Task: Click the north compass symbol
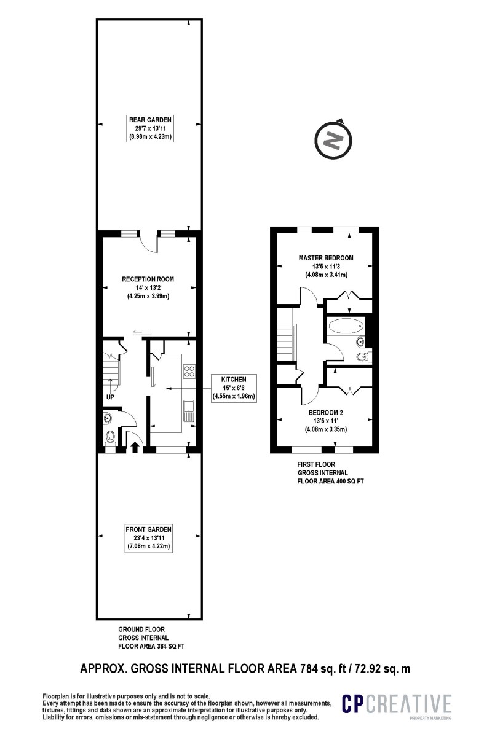pos(333,139)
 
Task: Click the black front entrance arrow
pos(134,446)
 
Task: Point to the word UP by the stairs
pos(111,397)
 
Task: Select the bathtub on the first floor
pos(345,326)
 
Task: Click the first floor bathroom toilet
pos(363,356)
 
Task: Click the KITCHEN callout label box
pos(234,388)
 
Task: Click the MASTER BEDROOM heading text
pos(326,258)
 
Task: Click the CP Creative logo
pos(397,704)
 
